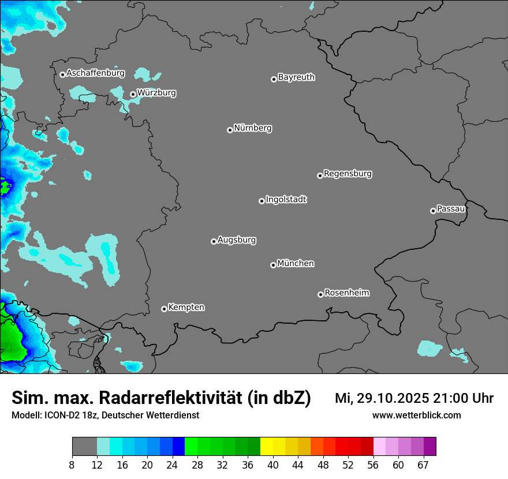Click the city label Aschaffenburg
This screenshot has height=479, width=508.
coord(95,73)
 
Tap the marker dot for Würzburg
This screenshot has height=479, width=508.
coord(133,94)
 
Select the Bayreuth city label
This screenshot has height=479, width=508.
coord(296,77)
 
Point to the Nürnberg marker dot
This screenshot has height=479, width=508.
coord(230,130)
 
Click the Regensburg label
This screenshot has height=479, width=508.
coord(348,173)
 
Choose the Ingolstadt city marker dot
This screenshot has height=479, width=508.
coord(262,201)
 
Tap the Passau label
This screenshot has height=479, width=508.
coord(451,208)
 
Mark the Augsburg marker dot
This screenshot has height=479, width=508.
coord(214,241)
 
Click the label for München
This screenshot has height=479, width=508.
coord(296,263)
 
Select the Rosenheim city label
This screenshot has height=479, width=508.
coord(346,293)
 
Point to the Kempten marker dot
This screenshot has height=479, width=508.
coord(164,309)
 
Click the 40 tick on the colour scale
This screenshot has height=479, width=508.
coord(273,465)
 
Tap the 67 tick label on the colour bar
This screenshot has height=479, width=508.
coord(423,465)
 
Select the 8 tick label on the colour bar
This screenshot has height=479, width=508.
coord(72,465)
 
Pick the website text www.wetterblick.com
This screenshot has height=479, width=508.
coord(416,415)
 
